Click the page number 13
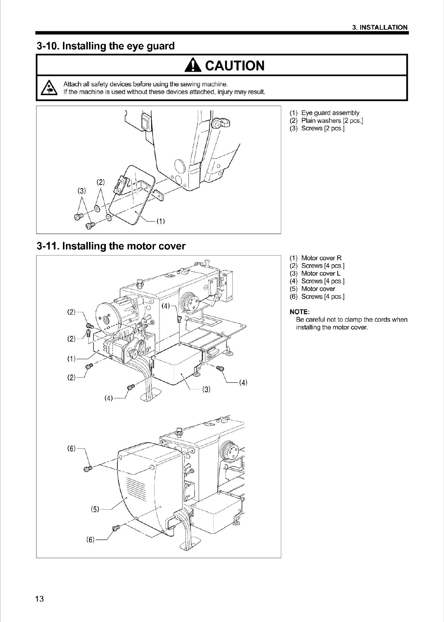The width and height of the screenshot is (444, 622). (x=39, y=599)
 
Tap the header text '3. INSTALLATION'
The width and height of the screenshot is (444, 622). (x=380, y=27)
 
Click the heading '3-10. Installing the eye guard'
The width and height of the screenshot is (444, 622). (x=105, y=46)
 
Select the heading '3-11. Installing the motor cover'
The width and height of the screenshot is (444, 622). (x=111, y=246)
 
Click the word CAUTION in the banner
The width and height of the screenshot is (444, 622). (x=235, y=66)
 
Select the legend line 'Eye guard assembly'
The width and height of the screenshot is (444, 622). (x=330, y=113)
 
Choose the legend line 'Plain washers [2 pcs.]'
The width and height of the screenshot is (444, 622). (x=332, y=121)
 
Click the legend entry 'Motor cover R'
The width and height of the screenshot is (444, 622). (x=321, y=258)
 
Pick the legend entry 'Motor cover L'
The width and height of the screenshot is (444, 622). (x=321, y=273)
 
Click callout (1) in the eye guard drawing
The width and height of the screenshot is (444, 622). (x=160, y=221)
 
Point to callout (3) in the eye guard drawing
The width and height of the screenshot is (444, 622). (x=82, y=191)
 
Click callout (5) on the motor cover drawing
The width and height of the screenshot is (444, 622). (x=95, y=509)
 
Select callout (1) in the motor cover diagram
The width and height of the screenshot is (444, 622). (x=71, y=359)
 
